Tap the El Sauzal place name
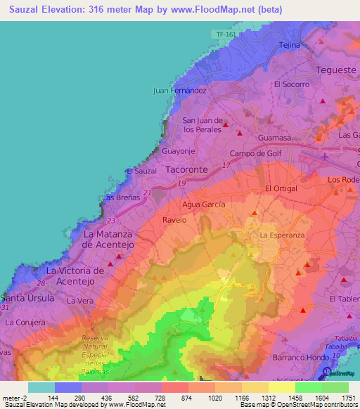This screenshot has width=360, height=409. point(141,171)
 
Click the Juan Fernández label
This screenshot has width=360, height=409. point(180,91)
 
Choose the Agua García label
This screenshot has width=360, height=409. point(203,204)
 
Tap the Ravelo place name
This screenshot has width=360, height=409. point(174,220)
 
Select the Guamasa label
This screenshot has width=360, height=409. point(274,138)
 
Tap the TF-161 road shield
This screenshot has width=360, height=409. point(224,34)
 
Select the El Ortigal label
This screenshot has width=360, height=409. point(281,188)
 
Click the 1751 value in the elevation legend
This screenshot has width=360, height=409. point(347,398)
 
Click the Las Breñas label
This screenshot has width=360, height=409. point(117,198)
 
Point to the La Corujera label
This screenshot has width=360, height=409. point(25,322)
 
